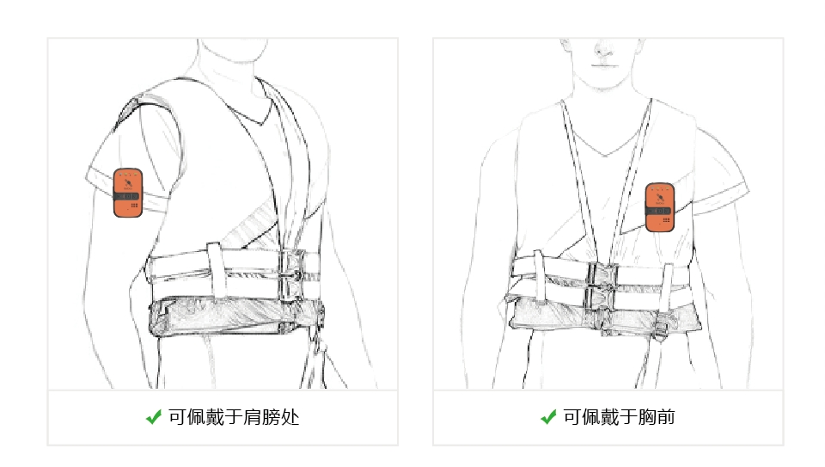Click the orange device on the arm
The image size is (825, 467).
(x=128, y=193)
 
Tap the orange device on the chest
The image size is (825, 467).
(x=660, y=207)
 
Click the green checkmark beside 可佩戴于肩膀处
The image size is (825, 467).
(x=154, y=417)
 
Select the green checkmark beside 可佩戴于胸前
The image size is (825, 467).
(x=548, y=417)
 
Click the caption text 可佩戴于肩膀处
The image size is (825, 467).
(x=234, y=417)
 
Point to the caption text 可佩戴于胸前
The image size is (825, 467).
(x=619, y=417)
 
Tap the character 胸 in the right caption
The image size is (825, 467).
(x=646, y=417)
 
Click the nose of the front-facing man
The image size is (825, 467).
(x=603, y=50)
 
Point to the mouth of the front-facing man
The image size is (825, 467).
(x=603, y=65)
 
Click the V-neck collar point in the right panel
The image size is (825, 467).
(x=604, y=156)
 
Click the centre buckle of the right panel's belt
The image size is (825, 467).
(x=600, y=288)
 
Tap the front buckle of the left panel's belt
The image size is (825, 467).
(x=292, y=275)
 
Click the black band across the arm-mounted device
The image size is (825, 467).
(x=128, y=196)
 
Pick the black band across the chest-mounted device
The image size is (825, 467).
(x=660, y=211)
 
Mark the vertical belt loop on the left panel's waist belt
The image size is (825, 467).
(x=215, y=269)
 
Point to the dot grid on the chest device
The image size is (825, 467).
(x=666, y=219)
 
